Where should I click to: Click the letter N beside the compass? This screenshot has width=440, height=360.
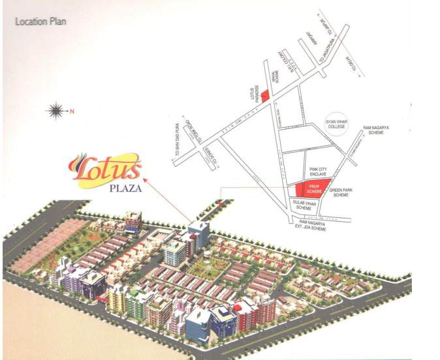tap(73, 110)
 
